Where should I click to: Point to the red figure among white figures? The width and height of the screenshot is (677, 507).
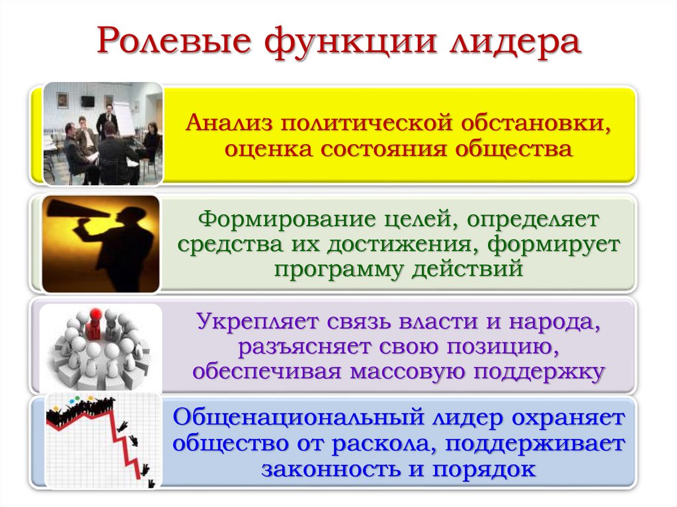coord(95,320)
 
